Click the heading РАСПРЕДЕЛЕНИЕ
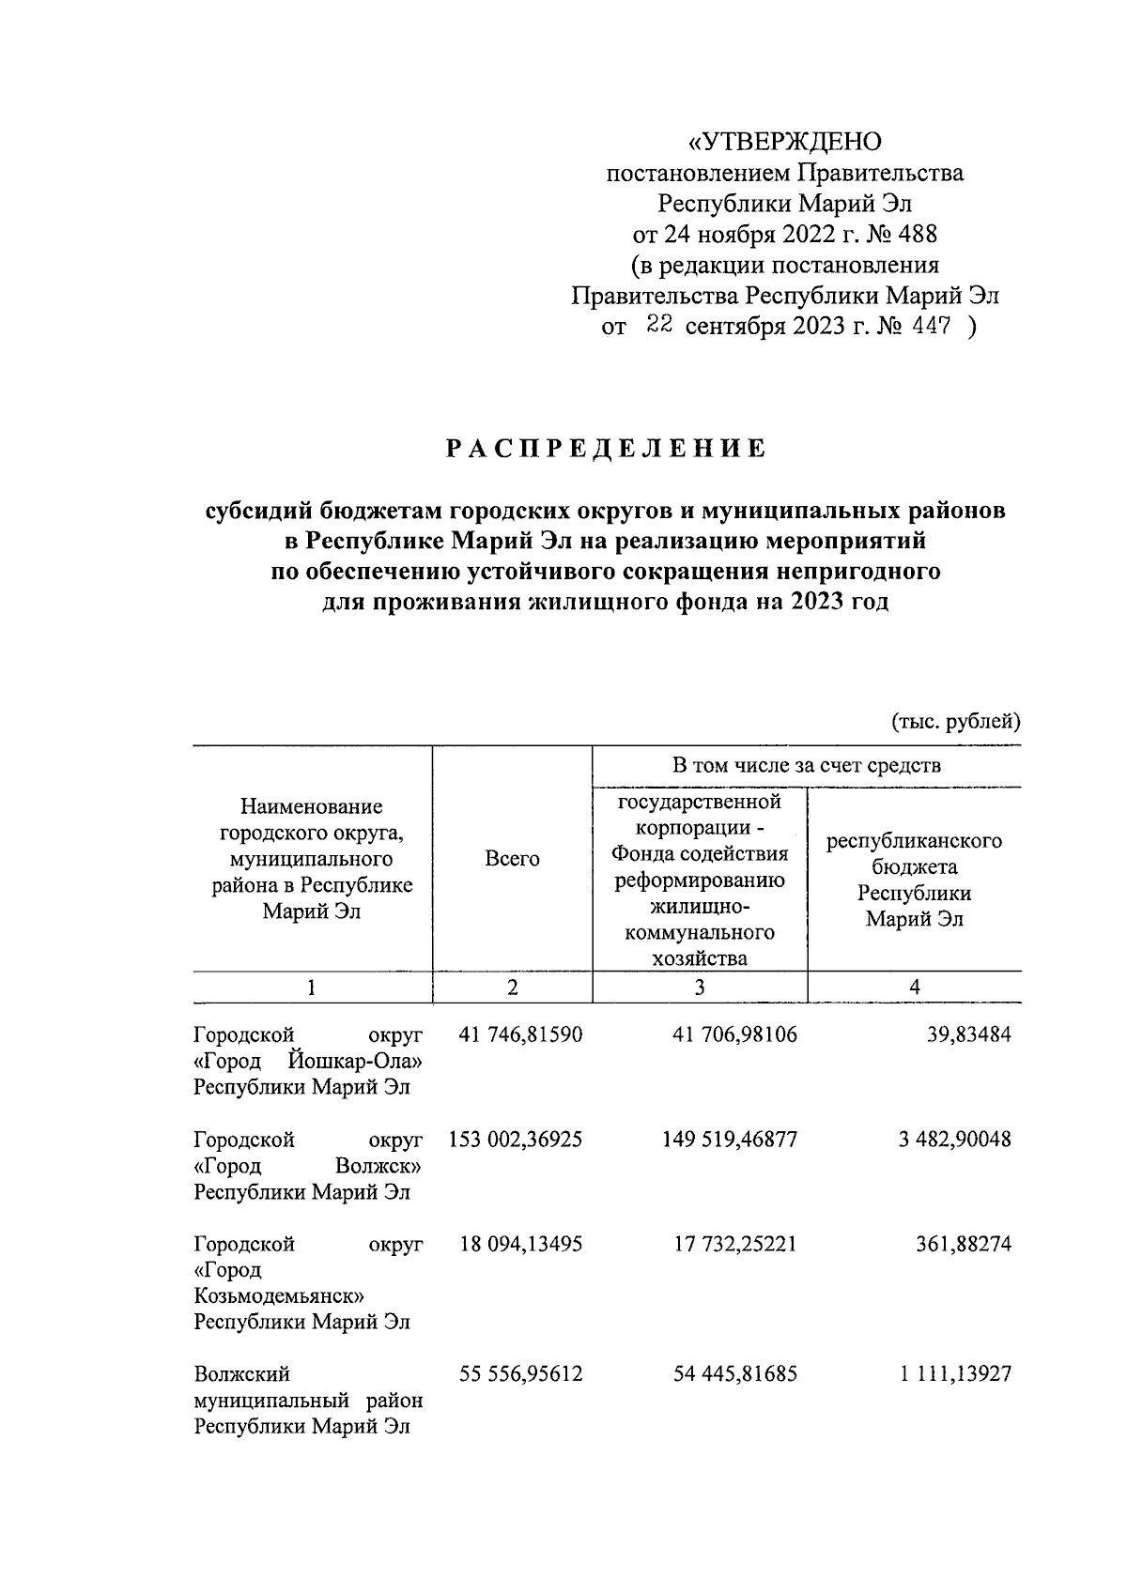coord(606,450)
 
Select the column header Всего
coord(512,858)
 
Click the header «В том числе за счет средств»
coord(806,766)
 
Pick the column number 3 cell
coord(700,987)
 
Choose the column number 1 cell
coord(312,987)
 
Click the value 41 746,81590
coord(520,1035)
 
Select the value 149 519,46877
coord(735,1140)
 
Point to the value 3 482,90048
coord(954,1140)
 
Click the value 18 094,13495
coord(520,1245)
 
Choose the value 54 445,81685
coord(735,1374)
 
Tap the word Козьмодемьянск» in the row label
coord(279,1296)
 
